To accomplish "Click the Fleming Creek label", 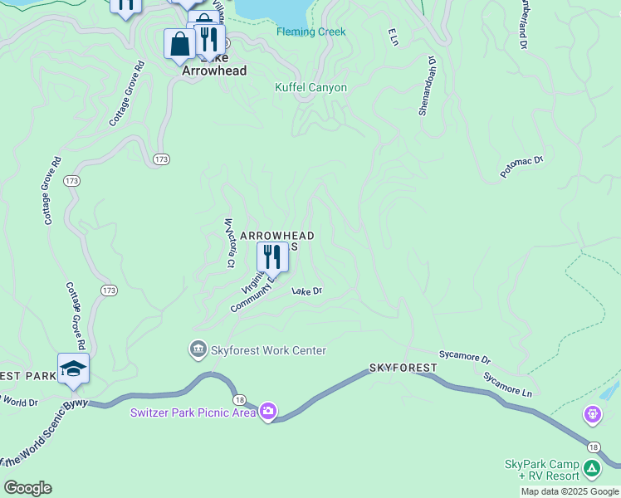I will pos(310,32).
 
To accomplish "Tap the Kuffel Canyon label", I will pos(310,87).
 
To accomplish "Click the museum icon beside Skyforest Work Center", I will pos(198,349).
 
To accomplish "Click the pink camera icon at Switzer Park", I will pos(267,411).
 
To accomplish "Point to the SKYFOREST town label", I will pos(403,367).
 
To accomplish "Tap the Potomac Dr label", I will pos(521,166).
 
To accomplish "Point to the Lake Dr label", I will pos(306,291).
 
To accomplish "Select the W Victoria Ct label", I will pos(227,243).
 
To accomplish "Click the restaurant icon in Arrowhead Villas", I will pos(272,256).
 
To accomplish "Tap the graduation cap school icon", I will pos(73,368).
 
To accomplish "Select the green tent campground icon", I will pos(592,469).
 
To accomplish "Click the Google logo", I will pos(27,488).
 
